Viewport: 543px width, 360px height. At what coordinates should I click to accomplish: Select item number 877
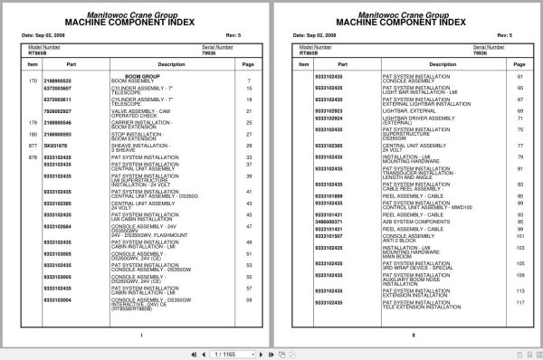point(33,145)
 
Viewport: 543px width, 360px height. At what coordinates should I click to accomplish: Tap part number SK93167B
point(56,145)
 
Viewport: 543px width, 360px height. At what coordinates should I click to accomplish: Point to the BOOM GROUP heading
point(142,76)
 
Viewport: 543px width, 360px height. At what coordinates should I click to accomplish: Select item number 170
point(33,81)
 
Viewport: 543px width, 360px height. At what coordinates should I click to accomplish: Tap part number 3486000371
point(329,221)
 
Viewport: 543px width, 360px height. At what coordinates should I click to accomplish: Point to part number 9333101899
point(329,194)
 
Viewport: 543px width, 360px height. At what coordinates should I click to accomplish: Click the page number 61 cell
point(520,76)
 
